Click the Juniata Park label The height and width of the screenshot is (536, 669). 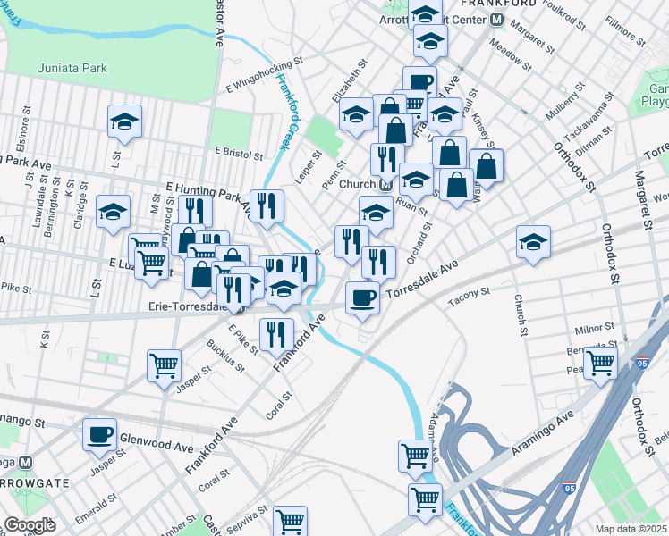[x=72, y=68]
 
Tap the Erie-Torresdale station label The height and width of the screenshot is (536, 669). [x=188, y=306]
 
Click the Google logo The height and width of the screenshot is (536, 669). [x=29, y=525]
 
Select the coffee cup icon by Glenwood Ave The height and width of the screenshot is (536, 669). [x=100, y=434]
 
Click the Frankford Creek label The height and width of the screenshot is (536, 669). [x=288, y=112]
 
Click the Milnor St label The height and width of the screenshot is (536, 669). [x=593, y=330]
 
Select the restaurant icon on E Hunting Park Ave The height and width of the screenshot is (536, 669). [x=267, y=206]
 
